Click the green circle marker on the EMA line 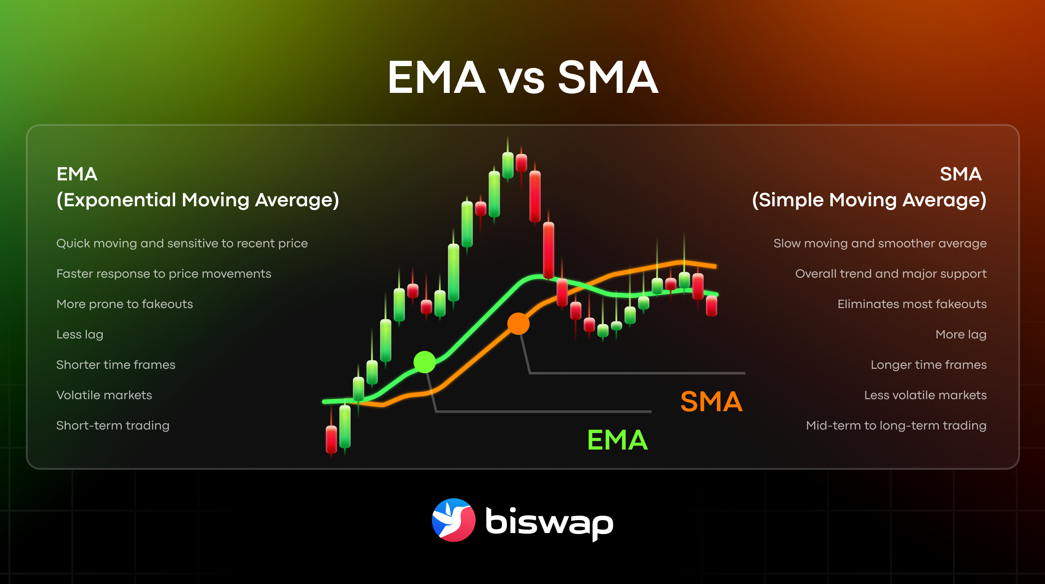[424, 362]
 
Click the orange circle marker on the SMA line [518, 324]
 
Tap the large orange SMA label [711, 401]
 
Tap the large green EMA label [618, 440]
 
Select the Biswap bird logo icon [453, 520]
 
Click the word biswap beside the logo [549, 522]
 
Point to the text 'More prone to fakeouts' [125, 304]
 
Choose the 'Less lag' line [80, 334]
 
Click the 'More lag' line [961, 334]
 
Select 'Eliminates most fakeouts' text [912, 304]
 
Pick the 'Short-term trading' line [113, 425]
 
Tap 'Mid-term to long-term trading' [896, 425]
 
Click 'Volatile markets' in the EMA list [104, 395]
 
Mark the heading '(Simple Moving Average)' [869, 200]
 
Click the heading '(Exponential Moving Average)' [198, 200]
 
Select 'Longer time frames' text [928, 365]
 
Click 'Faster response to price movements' [164, 274]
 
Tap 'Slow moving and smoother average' [880, 243]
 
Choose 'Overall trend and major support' [891, 274]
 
